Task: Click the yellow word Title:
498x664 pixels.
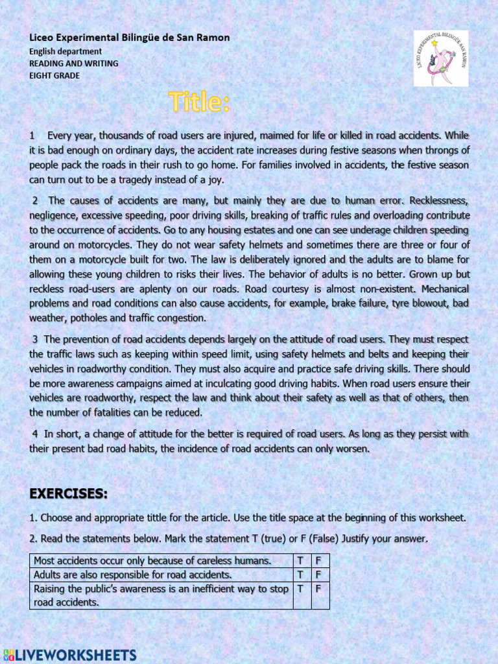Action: [x=199, y=102]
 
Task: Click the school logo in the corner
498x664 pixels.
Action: [x=441, y=58]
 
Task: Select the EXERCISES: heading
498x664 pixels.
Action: [x=68, y=493]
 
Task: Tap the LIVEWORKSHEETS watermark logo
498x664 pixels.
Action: [x=70, y=654]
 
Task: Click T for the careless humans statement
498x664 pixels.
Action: [x=300, y=560]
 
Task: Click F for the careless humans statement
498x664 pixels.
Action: [x=318, y=560]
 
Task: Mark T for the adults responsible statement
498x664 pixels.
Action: [x=300, y=575]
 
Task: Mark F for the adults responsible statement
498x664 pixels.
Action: [x=318, y=575]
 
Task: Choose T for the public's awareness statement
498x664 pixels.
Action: [x=300, y=589]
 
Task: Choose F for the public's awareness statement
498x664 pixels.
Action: [x=318, y=589]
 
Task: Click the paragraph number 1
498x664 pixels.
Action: [x=32, y=136]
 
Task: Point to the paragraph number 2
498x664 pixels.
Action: [x=35, y=200]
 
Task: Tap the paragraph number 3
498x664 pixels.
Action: [x=35, y=339]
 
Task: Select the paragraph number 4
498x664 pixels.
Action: [x=34, y=434]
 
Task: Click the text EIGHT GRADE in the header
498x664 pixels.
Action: [x=54, y=75]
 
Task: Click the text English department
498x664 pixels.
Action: [x=65, y=51]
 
